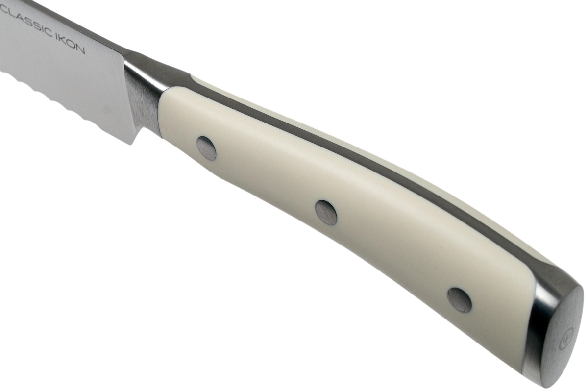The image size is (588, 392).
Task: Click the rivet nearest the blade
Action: point(207,148)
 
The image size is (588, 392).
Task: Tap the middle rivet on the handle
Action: point(326,213)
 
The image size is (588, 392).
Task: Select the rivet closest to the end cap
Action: point(460,300)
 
